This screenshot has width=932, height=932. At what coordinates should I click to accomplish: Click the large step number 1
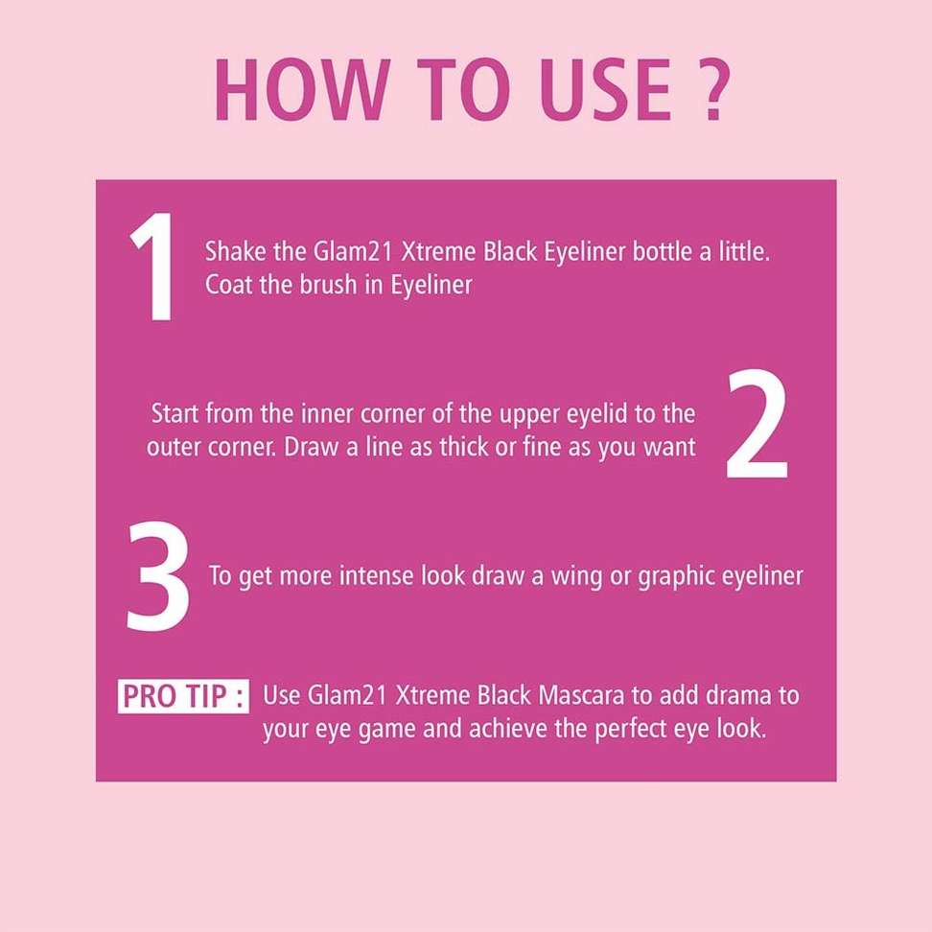click(153, 268)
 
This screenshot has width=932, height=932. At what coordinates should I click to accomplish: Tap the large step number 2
click(757, 423)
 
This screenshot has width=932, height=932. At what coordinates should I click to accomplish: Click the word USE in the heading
click(605, 90)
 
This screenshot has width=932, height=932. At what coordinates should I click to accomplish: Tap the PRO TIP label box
click(183, 696)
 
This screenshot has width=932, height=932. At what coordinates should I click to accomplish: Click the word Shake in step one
click(235, 251)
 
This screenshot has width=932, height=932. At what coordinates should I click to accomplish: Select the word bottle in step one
click(663, 251)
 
